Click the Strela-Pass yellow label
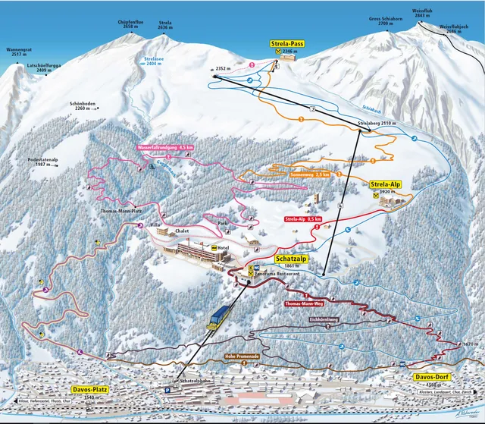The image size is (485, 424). click(x=286, y=44)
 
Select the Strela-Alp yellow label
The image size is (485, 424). click(x=386, y=184)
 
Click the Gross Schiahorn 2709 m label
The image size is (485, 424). click(x=383, y=21)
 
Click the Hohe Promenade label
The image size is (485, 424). click(x=242, y=355)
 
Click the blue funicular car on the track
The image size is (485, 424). click(x=223, y=313)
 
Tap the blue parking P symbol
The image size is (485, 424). click(x=168, y=391)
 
